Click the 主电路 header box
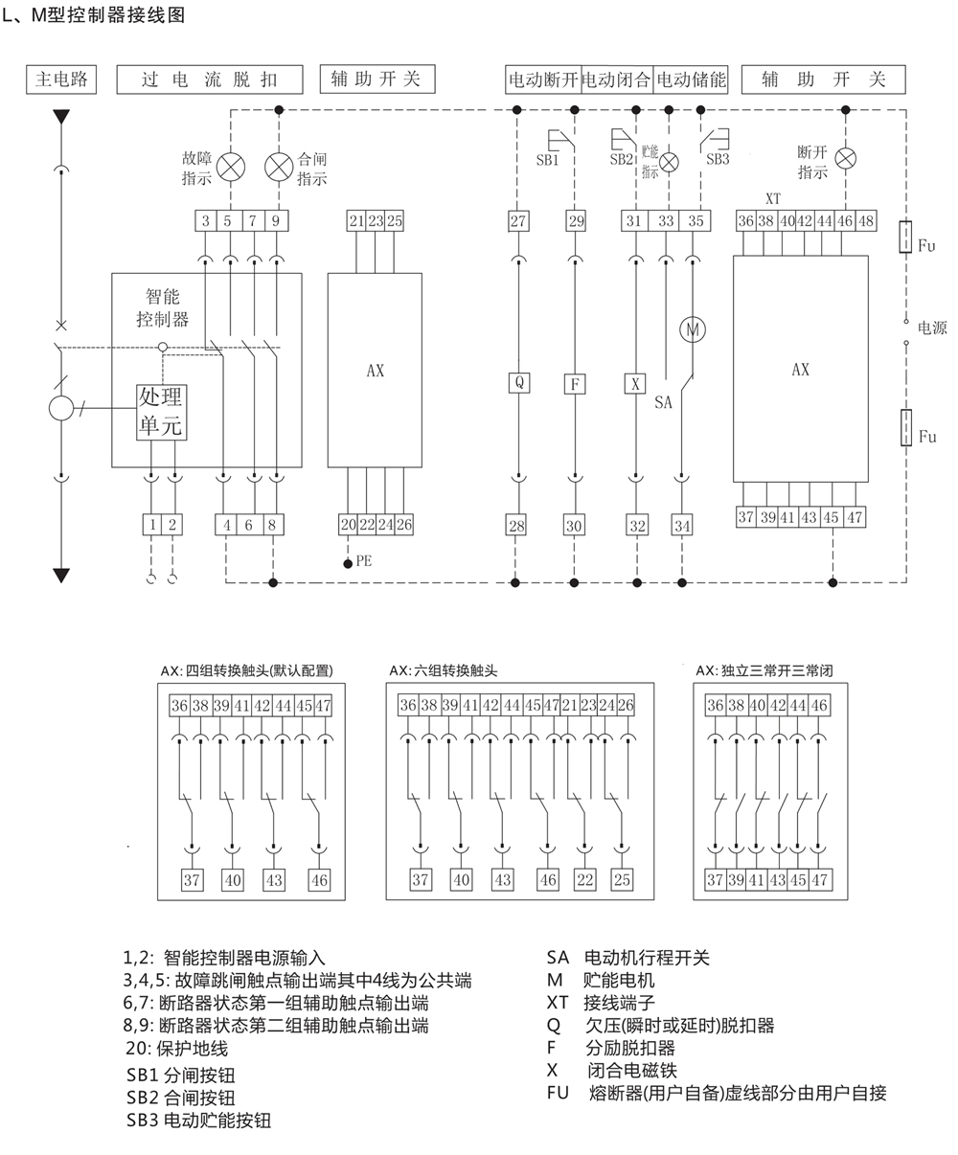pos(61,79)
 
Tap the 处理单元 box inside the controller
pos(161,412)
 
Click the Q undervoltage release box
pos(518,383)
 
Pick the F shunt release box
pos(575,383)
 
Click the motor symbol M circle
pos(691,329)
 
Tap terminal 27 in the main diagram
pos(518,221)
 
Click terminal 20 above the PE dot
pos(348,524)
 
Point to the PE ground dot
pos(348,563)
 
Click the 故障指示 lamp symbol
pos(230,167)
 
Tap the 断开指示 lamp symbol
pos(845,158)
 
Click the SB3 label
pos(718,160)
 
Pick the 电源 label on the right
pos(932,328)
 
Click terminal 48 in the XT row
pos(866,221)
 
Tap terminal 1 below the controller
pos(152,524)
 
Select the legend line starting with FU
pos(717,1093)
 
